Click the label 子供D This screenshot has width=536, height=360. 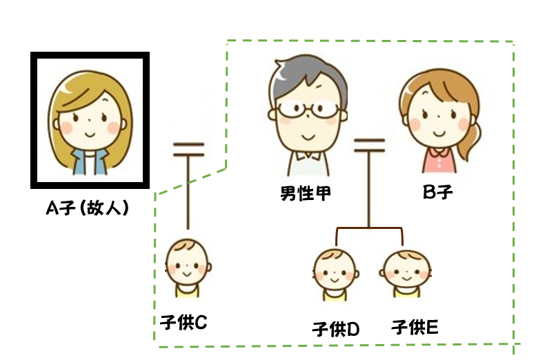(x=336, y=329)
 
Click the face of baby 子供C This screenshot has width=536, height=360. (x=187, y=265)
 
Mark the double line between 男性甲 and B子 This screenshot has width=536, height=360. (x=369, y=145)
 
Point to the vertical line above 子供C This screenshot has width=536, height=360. (x=188, y=193)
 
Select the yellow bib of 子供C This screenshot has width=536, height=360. (x=187, y=291)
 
